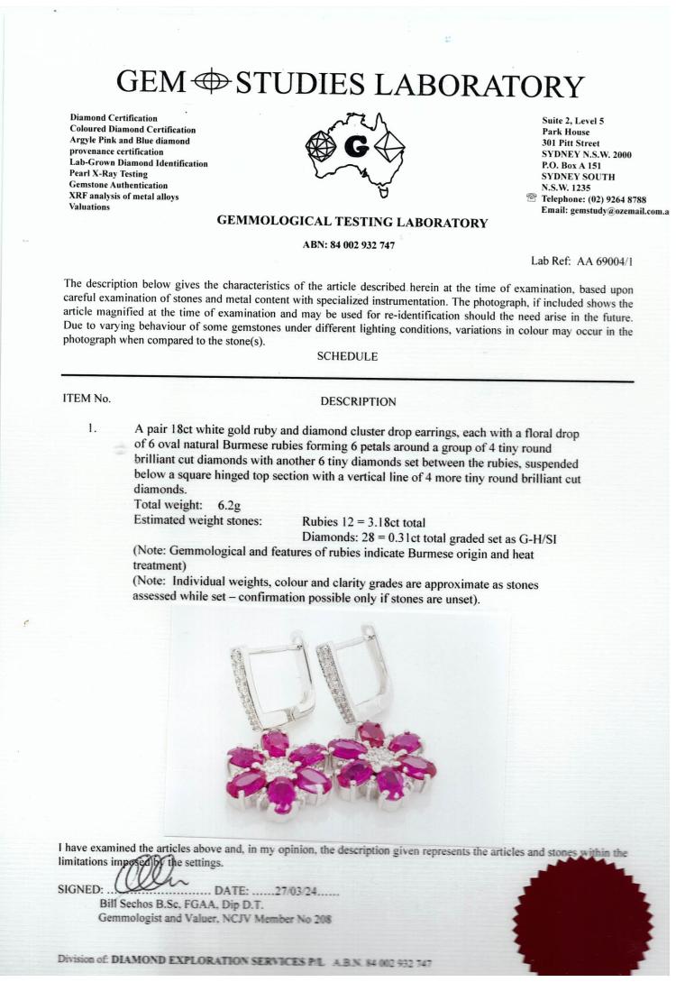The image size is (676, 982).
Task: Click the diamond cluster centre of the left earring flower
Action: (279, 767)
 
